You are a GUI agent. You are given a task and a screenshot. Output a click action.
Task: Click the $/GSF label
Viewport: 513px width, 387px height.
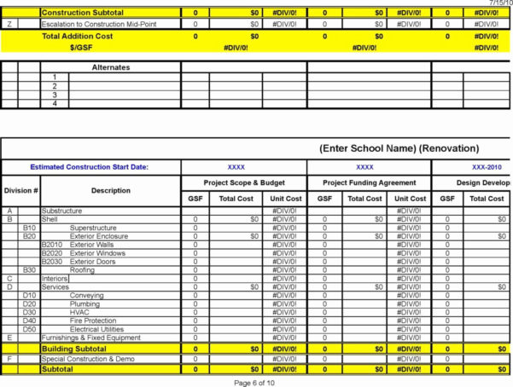pyautogui.click(x=83, y=48)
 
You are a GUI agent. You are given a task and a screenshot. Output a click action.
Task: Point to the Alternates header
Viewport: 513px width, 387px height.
pyautogui.click(x=111, y=66)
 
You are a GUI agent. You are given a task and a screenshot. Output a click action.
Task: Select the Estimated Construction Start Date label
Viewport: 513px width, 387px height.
pyautogui.click(x=89, y=167)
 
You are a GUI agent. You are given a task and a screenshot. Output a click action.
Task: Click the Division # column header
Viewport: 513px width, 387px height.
pyautogui.click(x=21, y=190)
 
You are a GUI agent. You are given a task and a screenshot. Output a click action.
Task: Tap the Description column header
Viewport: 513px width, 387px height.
pyautogui.click(x=110, y=190)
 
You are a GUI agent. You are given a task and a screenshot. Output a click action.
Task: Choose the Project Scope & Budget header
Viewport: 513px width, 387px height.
pyautogui.click(x=243, y=182)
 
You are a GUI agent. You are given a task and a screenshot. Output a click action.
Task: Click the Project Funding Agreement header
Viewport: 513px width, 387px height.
pyautogui.click(x=369, y=182)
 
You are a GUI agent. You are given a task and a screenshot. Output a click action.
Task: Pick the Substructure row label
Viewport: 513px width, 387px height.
pyautogui.click(x=62, y=211)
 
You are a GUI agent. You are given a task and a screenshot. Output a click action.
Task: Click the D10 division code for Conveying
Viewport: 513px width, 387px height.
pyautogui.click(x=30, y=295)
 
